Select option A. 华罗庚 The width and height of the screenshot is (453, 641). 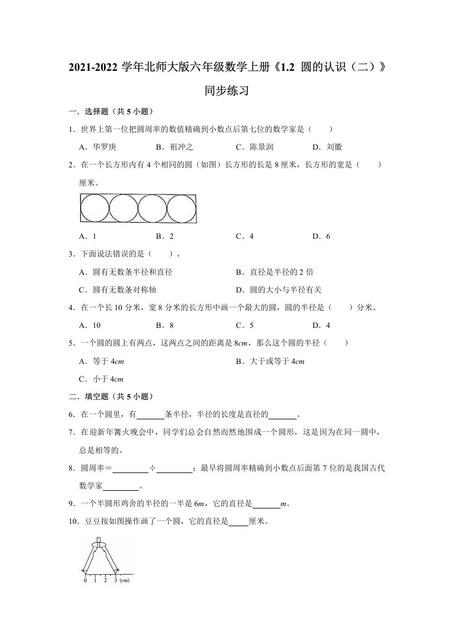tap(97, 147)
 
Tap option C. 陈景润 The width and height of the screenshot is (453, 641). tap(254, 147)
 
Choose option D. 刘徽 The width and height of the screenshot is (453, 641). tap(327, 147)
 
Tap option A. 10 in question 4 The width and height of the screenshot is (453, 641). tap(90, 326)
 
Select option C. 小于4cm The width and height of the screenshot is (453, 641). tap(101, 379)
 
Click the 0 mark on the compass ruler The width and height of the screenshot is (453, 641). tap(85, 580)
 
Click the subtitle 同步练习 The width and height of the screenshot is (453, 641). tap(226, 91)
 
